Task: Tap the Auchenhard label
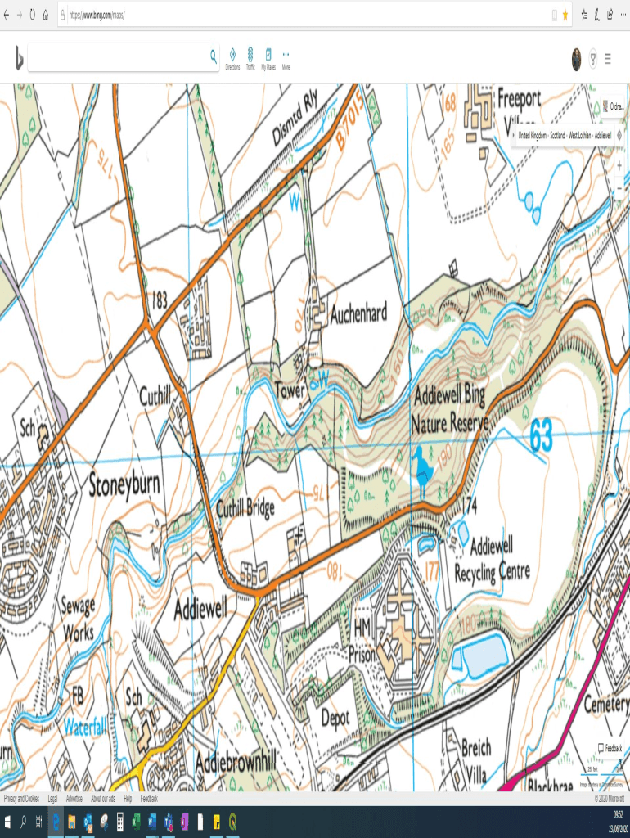point(358,314)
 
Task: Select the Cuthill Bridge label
point(245,509)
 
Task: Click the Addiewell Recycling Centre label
point(493,557)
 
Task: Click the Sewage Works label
point(78,619)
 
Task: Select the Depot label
point(335,718)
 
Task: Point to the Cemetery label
point(605,704)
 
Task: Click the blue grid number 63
point(541,435)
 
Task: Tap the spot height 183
point(160,300)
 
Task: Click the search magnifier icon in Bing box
point(214,56)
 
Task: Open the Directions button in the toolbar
point(232,58)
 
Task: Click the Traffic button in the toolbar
point(250,58)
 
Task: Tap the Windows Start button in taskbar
point(7,821)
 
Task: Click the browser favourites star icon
point(565,15)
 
